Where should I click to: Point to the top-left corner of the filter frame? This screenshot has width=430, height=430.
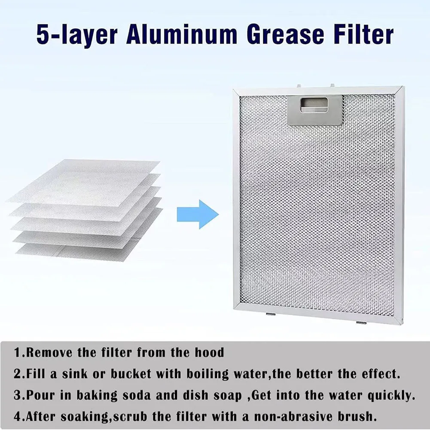coord(233,89)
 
